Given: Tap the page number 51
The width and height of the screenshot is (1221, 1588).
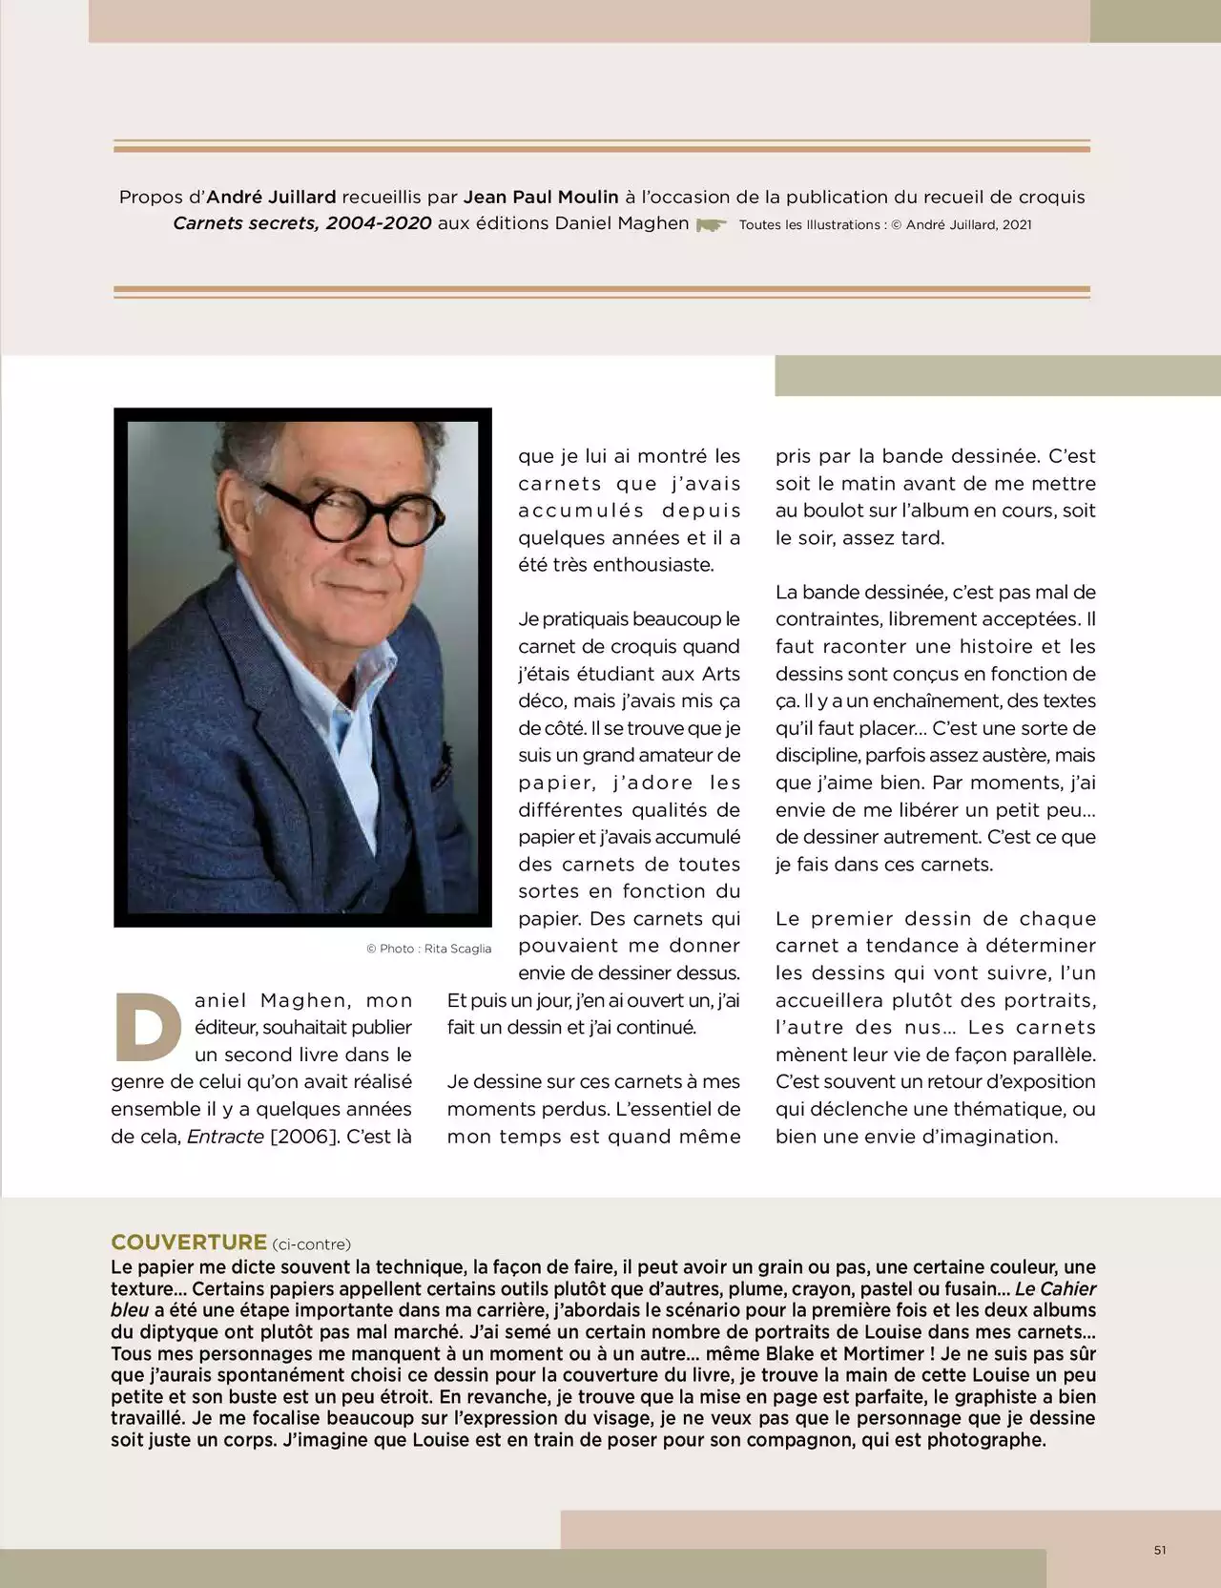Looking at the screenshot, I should (x=1160, y=1550).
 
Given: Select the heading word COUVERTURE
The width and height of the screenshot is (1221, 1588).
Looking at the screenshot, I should (x=189, y=1243).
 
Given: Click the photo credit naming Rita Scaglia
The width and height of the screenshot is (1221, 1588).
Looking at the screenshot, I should (x=429, y=949).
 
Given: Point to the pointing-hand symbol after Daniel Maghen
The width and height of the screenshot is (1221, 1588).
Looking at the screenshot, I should (x=711, y=225).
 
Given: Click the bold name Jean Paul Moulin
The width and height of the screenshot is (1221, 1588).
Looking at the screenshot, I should (x=541, y=198).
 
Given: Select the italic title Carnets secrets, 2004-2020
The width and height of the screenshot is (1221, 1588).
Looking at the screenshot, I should (x=302, y=223).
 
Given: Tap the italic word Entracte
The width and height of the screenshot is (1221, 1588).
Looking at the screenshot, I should (x=225, y=1137).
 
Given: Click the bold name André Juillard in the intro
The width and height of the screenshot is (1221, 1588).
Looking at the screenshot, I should (x=271, y=198).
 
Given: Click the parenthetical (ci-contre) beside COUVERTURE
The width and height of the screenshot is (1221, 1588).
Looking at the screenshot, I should (x=311, y=1244).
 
